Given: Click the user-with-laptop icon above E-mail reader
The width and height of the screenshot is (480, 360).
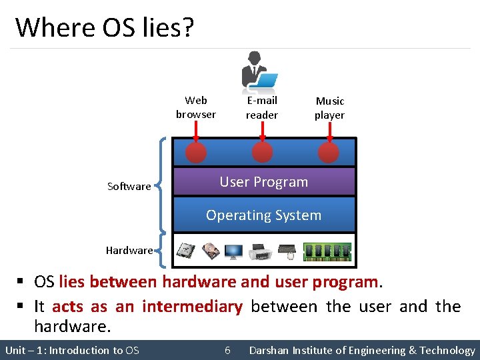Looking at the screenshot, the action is [258, 70].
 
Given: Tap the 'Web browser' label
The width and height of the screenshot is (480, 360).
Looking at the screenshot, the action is [196, 107].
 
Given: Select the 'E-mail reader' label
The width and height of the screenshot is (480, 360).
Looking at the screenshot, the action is [262, 107].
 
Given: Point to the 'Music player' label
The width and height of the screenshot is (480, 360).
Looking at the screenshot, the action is [329, 108].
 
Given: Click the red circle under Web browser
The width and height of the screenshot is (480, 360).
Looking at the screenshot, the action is [196, 153].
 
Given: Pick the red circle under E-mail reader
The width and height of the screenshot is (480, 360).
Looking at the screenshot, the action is [262, 153].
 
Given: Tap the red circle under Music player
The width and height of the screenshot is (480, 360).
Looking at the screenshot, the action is [329, 153].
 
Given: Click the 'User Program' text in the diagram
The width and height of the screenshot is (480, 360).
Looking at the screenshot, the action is [264, 182].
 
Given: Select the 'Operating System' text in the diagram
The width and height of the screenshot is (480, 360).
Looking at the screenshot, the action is [263, 215].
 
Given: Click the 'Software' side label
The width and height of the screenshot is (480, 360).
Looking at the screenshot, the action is [129, 187].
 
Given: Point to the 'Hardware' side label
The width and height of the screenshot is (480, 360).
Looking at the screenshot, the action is [129, 251].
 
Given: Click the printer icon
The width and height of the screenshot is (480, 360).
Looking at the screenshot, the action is [260, 252].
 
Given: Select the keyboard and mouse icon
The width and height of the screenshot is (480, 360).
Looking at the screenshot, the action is [287, 251].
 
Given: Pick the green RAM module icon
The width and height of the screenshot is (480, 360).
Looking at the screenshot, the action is [327, 251].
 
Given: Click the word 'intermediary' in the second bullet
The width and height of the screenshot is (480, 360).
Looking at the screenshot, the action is [192, 307].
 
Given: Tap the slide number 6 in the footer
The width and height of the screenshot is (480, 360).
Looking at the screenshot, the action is [227, 351].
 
